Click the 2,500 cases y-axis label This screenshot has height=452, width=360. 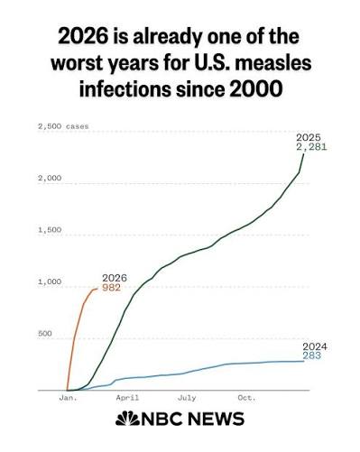click(63, 126)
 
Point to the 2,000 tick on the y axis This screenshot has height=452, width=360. click(50, 178)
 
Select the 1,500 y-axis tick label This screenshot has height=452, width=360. click(50, 230)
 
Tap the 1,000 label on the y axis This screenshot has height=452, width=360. click(50, 281)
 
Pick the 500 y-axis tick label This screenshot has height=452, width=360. click(45, 334)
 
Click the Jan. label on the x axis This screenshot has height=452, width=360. click(69, 398)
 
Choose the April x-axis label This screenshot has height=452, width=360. click(127, 398)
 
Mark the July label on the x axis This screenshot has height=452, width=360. click(187, 398)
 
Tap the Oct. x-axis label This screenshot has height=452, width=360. click(246, 398)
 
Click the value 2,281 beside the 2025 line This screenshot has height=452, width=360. click(311, 147)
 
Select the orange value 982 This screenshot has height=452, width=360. click(111, 288)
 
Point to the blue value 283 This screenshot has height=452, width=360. click(312, 356)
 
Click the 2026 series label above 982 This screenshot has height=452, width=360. click(115, 278)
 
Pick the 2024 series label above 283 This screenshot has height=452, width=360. click(315, 346)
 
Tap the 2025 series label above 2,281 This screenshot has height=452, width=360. click(309, 138)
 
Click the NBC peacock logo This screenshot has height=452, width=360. click(127, 419)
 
